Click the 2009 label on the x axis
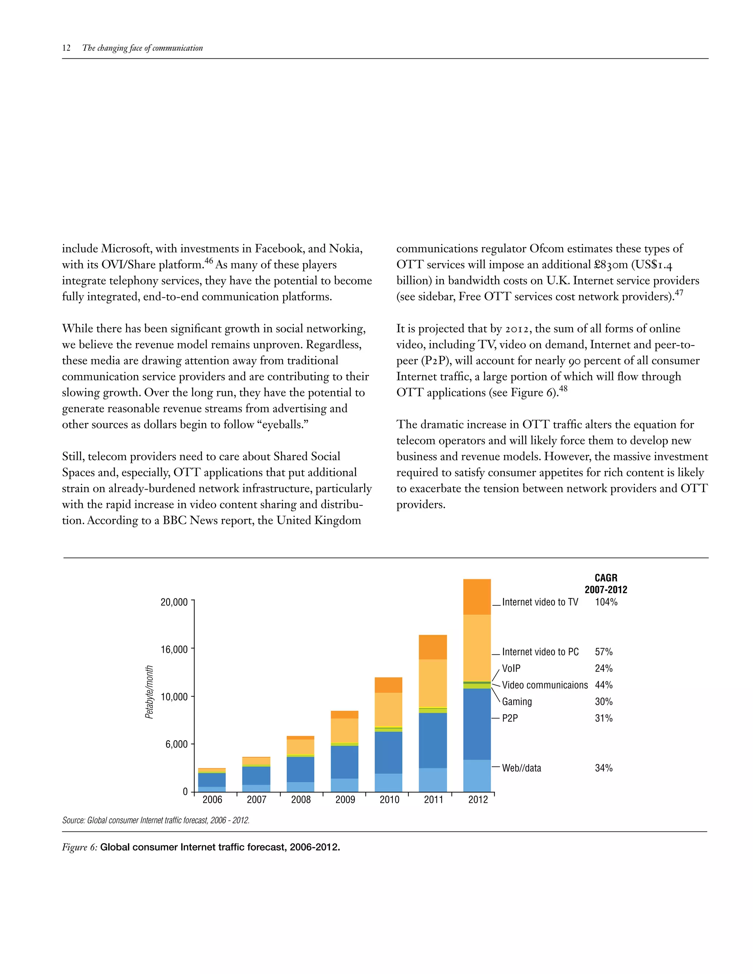[345, 800]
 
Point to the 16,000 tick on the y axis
[174, 649]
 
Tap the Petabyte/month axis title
[149, 692]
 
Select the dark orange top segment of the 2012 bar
[477, 597]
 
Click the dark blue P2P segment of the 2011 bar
[433, 740]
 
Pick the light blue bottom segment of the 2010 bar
[388, 782]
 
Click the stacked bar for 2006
[212, 780]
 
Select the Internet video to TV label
[540, 602]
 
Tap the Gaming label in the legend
[517, 702]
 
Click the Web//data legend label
[521, 768]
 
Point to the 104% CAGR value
[606, 602]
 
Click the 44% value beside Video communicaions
[604, 685]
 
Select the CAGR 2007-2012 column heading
[606, 584]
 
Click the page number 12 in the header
[67, 48]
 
